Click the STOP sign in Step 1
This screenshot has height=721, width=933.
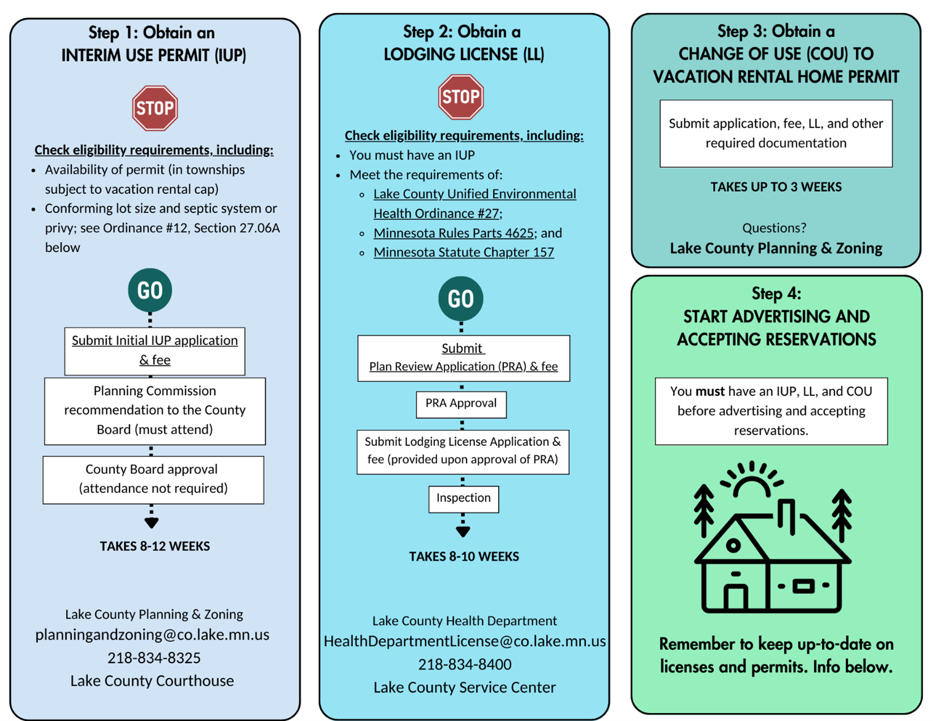[155, 108]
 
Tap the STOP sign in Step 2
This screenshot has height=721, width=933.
[461, 97]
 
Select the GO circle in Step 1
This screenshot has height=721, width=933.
[150, 290]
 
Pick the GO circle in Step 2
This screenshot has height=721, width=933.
[461, 299]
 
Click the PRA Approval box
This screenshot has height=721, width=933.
[461, 404]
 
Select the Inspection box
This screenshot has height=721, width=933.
[464, 499]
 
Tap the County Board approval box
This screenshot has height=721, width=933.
[153, 480]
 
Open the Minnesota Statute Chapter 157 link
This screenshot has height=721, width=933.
[464, 252]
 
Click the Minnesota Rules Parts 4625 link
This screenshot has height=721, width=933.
[454, 233]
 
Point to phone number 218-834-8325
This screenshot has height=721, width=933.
[154, 658]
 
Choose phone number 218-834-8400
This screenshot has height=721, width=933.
[465, 664]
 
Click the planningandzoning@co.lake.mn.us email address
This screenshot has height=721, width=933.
[153, 634]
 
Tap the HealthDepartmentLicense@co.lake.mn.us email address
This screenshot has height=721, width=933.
[465, 641]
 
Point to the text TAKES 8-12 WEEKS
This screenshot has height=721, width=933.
[155, 546]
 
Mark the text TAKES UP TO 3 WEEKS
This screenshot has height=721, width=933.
[776, 187]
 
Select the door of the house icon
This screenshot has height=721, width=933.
[736, 597]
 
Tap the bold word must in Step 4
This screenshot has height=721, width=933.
[710, 391]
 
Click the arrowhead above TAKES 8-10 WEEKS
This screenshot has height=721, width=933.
[463, 532]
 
